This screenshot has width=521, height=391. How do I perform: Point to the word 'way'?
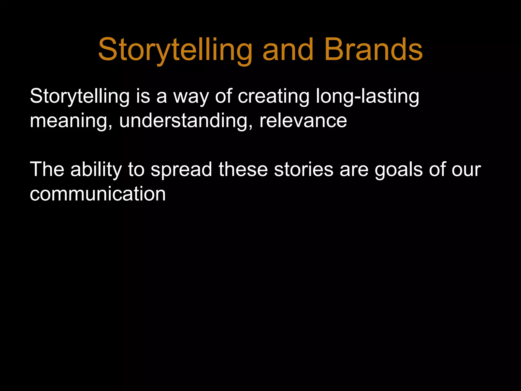191,96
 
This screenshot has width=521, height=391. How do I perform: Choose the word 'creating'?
273,96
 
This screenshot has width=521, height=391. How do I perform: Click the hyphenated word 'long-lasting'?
367,96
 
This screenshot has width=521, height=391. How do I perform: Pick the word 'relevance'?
303,121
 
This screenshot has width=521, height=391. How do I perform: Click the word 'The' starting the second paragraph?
47,169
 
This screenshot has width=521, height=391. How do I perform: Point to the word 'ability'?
96,169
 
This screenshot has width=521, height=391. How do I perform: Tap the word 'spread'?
181,169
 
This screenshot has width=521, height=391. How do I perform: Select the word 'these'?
243,169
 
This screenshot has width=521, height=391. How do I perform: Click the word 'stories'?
304,169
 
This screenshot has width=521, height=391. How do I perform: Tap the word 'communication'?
98,194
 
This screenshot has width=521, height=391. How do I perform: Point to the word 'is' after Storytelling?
143,96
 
